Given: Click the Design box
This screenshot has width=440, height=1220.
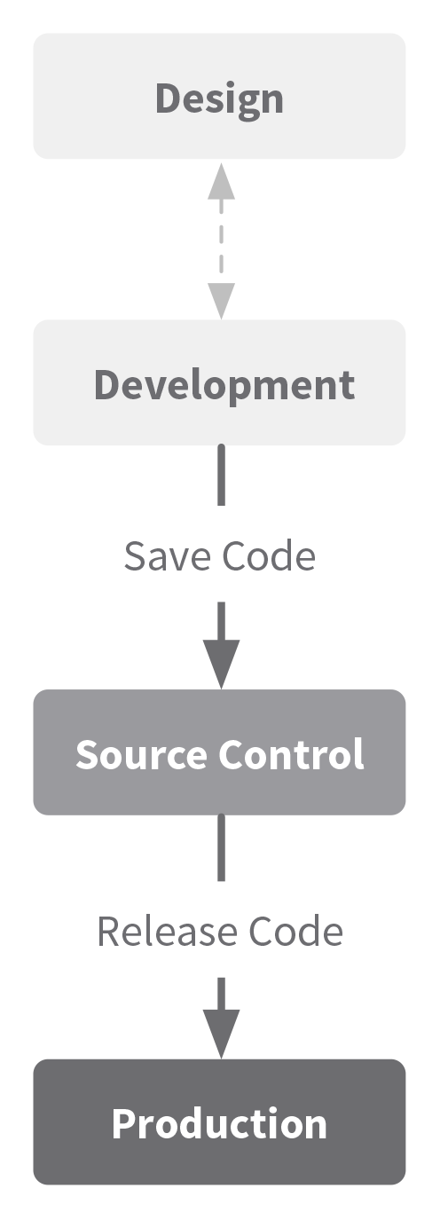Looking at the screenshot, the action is tap(219, 97).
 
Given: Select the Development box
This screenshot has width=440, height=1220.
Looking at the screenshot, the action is tap(219, 383).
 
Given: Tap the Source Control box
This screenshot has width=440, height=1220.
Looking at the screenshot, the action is tap(219, 752).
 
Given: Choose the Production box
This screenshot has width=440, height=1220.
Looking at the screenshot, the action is tap(219, 1122).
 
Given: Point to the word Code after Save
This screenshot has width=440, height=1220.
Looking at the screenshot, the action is tap(269, 556).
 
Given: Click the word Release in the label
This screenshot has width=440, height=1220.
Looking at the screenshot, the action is tap(167, 932).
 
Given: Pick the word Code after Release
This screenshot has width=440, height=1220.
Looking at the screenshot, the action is tap(295, 932).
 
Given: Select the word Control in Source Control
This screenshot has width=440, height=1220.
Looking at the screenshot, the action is tap(291, 754).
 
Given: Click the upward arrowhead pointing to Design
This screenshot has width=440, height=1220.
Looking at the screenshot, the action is tap(221, 181).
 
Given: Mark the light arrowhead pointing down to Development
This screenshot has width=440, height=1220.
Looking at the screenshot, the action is tap(221, 301).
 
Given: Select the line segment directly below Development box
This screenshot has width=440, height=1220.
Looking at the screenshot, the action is tap(221, 475).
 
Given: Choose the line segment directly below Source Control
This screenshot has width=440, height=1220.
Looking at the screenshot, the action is tap(221, 847).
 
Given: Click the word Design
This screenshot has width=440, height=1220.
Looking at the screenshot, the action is tap(219, 99).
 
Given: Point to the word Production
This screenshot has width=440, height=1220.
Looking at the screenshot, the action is tap(219, 1125).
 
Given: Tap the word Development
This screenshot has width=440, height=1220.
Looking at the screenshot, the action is tap(224, 386).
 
